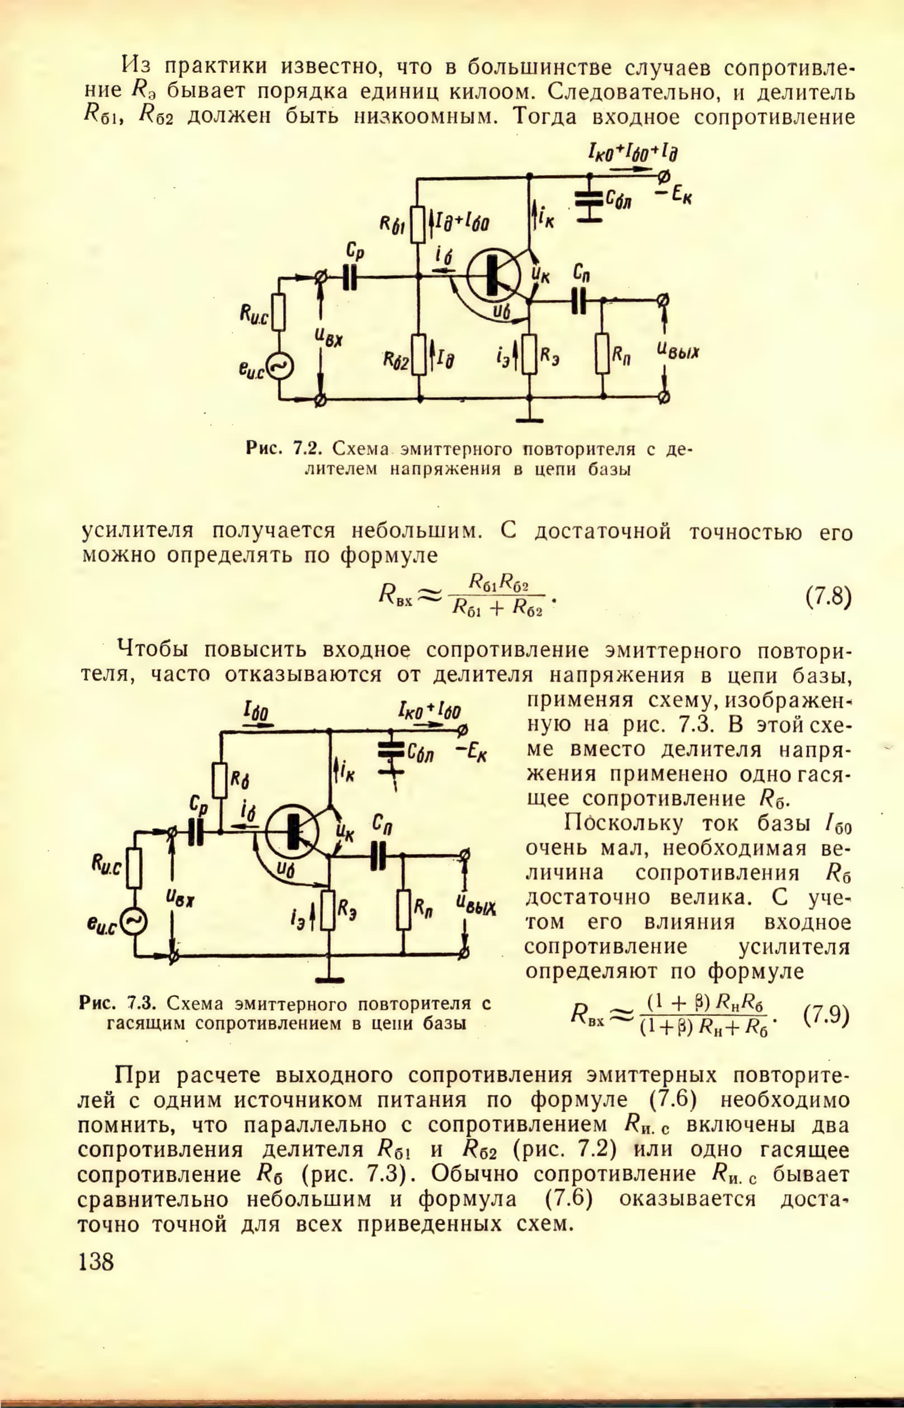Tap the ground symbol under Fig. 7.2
[x=530, y=420]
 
